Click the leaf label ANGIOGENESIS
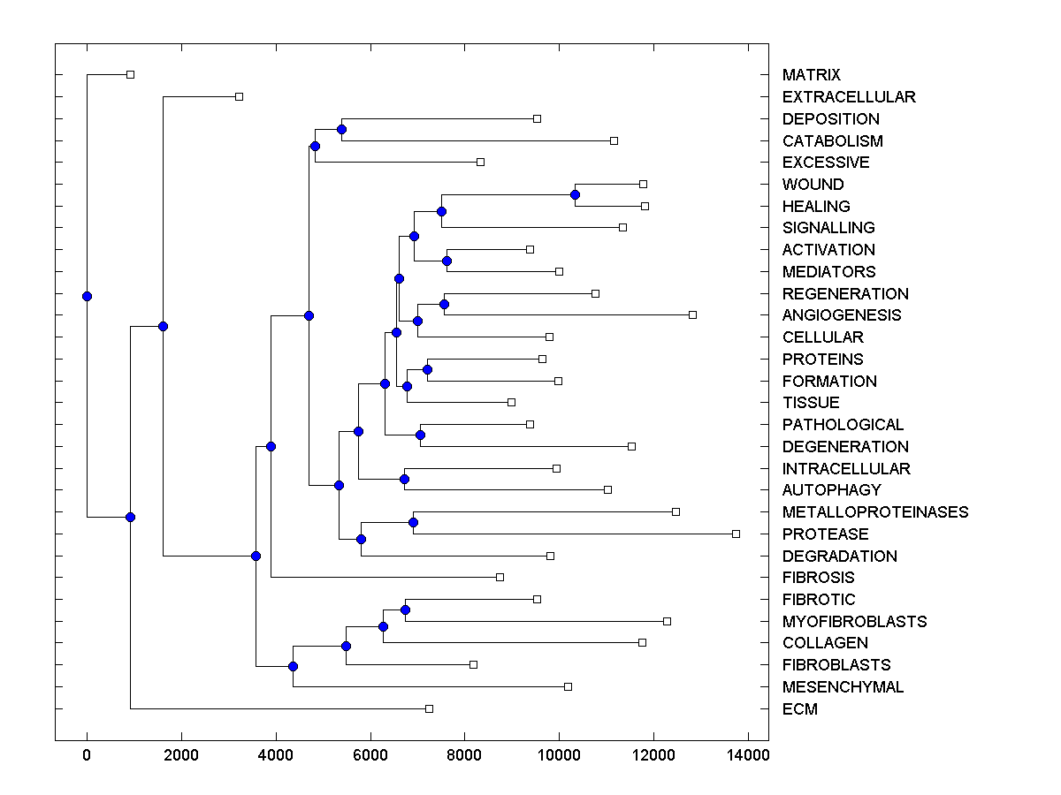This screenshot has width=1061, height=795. tap(842, 315)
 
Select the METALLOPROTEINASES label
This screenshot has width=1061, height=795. tap(875, 512)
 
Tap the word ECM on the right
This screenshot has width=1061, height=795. tap(799, 709)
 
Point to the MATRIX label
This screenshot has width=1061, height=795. tap(811, 75)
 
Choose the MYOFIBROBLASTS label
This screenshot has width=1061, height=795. tap(854, 622)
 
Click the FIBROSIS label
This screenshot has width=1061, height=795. tap(818, 578)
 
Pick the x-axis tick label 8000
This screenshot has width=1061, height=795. tap(464, 753)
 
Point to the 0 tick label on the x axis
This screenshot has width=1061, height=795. tap(87, 753)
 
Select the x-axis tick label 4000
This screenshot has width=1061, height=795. tap(276, 753)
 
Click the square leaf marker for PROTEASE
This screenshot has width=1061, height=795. tap(736, 534)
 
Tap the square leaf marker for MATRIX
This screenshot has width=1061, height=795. tap(130, 74)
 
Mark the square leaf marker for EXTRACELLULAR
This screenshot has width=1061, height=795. tap(239, 96)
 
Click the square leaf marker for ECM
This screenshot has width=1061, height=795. tap(429, 708)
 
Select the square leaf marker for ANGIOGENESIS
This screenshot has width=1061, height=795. tap(692, 314)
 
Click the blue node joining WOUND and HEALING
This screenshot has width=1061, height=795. tap(575, 194)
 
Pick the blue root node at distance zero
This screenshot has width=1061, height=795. tap(87, 296)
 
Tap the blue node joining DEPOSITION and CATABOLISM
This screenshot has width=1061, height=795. tap(341, 129)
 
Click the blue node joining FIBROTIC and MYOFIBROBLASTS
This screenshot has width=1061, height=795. tap(405, 609)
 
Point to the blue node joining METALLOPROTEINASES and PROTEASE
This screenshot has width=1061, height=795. tap(413, 522)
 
